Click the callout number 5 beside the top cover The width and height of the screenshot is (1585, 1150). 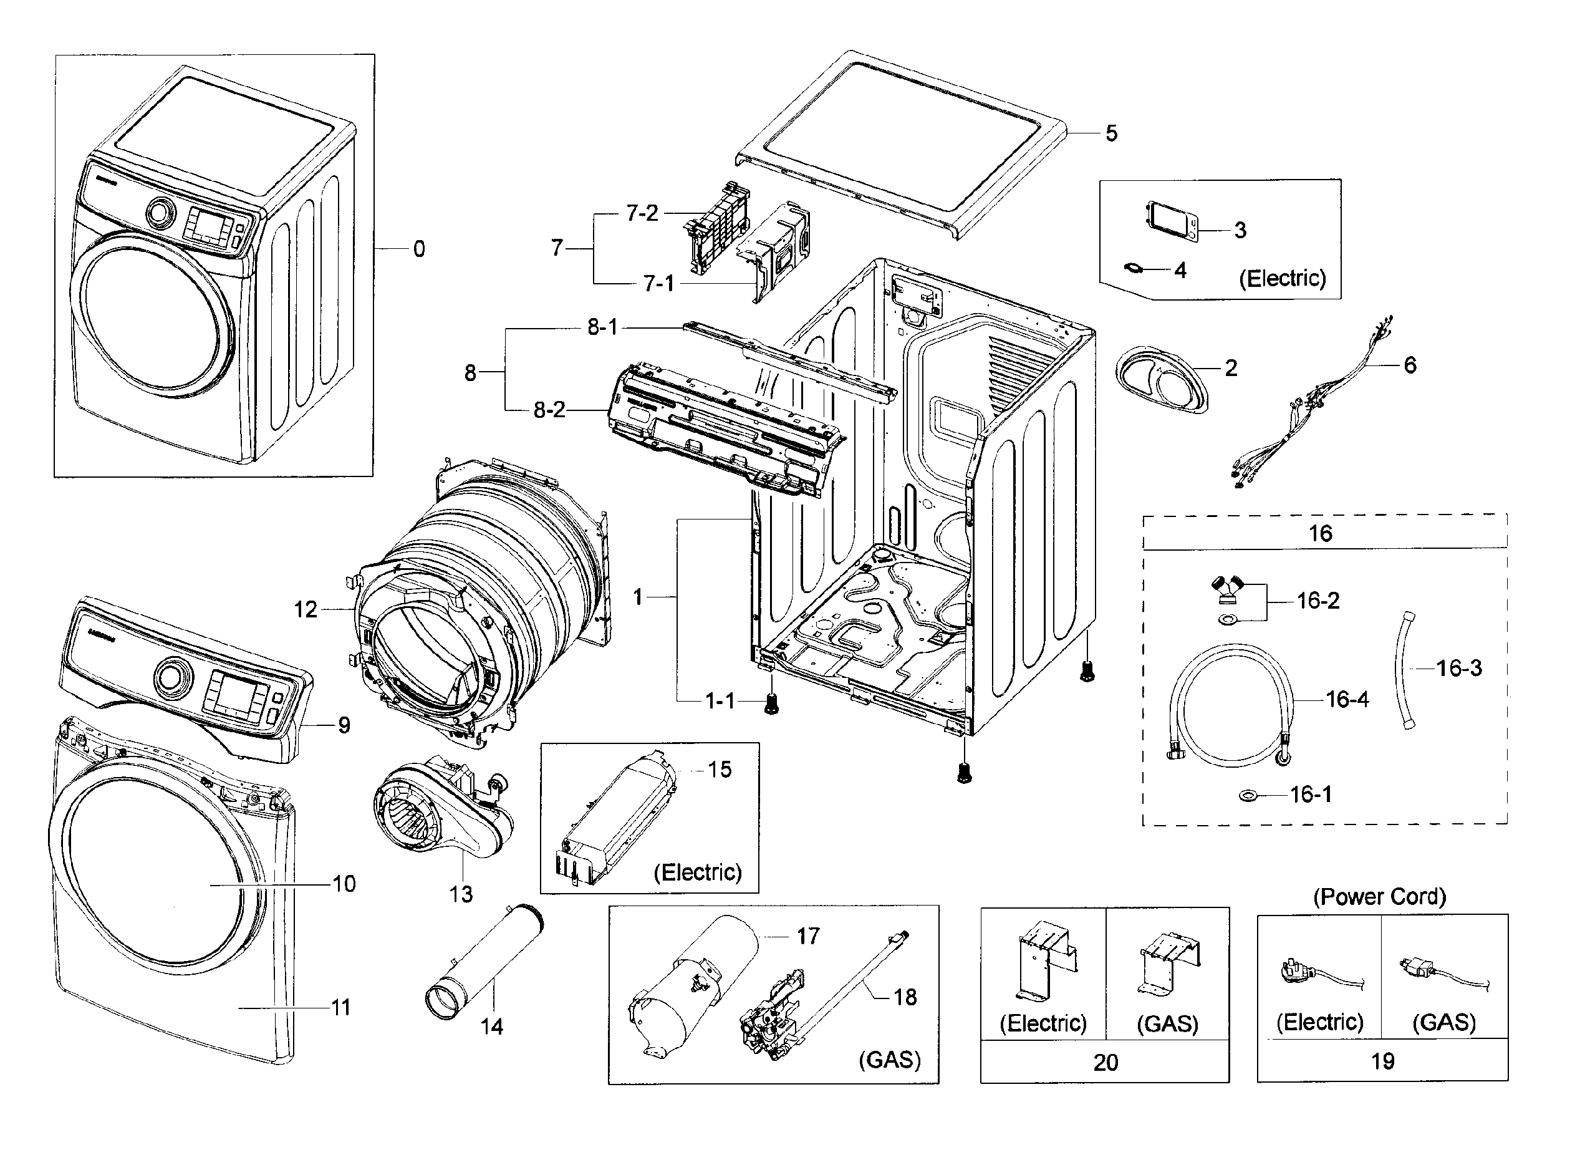1111,133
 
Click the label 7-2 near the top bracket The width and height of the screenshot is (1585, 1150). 642,213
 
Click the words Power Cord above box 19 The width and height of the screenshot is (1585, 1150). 1379,896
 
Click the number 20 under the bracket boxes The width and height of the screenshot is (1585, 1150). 1105,1062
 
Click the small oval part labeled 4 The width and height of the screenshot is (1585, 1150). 1134,268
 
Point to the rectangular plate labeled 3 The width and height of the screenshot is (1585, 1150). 1172,221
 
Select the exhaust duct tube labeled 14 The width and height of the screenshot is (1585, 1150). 486,961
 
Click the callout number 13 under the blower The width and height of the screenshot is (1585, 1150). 461,894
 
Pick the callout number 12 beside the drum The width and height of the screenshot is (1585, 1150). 306,609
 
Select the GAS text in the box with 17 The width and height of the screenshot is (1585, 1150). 889,1060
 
